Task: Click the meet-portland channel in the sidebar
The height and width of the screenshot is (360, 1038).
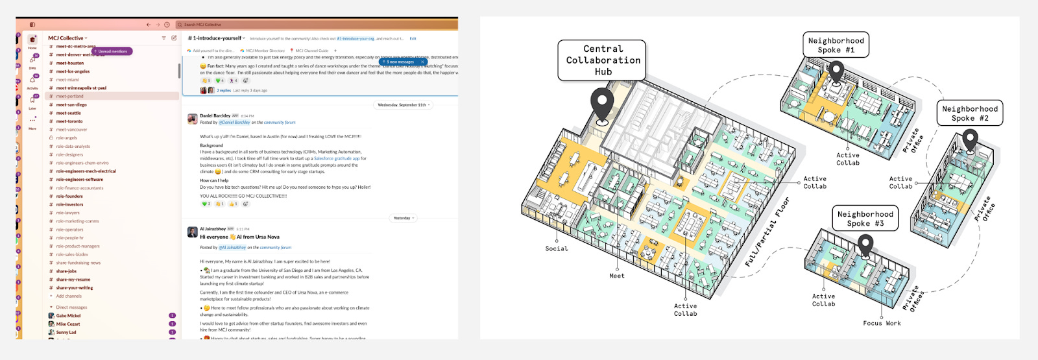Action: point(70,96)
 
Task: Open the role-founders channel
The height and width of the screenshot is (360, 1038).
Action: point(69,196)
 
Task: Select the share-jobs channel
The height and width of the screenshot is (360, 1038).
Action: point(66,271)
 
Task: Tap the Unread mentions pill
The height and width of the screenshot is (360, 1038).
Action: point(113,51)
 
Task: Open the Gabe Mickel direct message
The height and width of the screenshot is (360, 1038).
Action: point(68,316)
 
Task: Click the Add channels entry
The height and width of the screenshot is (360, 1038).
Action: point(69,296)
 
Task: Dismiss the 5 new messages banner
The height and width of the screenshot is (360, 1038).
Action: point(422,62)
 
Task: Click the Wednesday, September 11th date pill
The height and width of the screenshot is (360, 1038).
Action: point(403,105)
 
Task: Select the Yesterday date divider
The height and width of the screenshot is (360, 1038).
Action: point(402,218)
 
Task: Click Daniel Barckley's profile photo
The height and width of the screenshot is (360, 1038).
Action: point(192,119)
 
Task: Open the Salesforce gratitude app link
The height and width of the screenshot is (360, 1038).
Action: point(337,158)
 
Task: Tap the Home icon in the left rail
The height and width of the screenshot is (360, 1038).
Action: point(32,40)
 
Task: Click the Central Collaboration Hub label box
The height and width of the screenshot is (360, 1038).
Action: point(603,60)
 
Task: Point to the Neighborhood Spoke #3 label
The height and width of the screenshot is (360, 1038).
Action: point(865,219)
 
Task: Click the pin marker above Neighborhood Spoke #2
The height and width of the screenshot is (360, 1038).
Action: point(970,139)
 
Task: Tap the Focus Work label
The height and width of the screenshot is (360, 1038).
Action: point(882,323)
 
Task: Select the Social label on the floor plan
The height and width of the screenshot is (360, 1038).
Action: point(557,248)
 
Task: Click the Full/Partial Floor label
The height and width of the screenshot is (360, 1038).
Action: point(767,232)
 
